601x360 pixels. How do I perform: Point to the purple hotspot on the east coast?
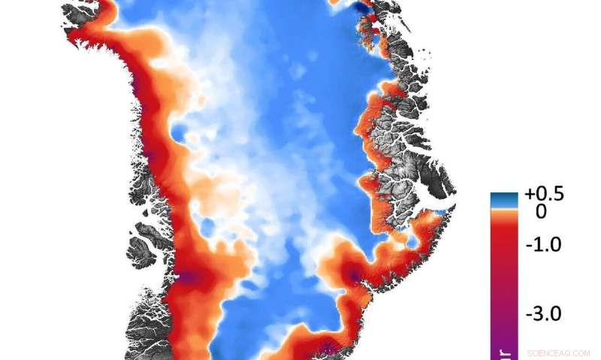coord(354,277)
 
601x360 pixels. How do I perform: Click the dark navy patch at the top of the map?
coord(362,7)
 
